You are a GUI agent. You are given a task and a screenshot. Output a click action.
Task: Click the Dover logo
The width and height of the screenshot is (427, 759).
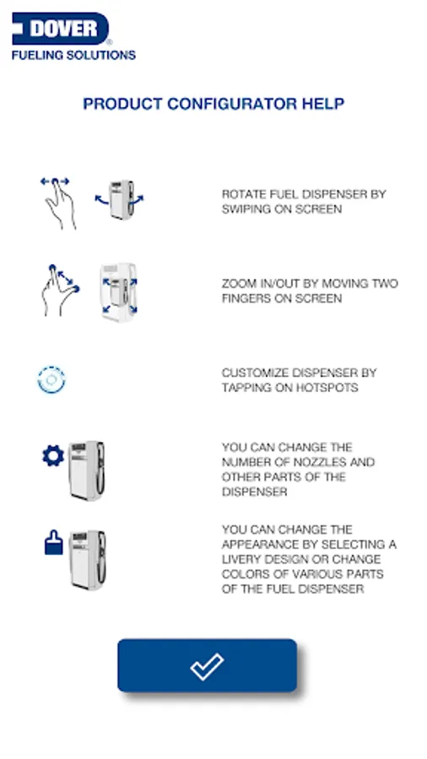click(61, 29)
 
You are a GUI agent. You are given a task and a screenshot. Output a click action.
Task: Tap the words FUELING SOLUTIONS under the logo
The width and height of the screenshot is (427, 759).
click(73, 55)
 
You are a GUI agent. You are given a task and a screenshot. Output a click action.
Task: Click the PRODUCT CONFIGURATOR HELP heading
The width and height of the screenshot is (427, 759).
click(213, 104)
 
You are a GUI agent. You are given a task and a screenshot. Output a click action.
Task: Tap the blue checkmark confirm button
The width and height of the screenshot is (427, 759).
click(208, 665)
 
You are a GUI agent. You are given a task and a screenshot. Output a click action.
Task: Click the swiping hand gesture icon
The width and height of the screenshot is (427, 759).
click(58, 202)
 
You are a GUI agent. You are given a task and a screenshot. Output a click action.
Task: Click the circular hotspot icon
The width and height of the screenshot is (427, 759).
click(51, 379)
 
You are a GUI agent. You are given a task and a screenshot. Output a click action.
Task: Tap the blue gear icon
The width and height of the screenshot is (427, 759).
click(53, 456)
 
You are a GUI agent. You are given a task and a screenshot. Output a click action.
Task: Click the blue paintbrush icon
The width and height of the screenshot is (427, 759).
click(54, 542)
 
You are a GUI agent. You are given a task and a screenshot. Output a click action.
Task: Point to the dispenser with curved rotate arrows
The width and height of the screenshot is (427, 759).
click(120, 199)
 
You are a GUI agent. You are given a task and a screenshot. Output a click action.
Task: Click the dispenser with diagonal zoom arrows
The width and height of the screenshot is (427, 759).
click(119, 293)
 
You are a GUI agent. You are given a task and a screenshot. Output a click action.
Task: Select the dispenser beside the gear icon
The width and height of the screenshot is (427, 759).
click(86, 471)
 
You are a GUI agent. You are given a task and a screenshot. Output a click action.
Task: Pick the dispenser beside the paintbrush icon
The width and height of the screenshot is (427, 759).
click(87, 560)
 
